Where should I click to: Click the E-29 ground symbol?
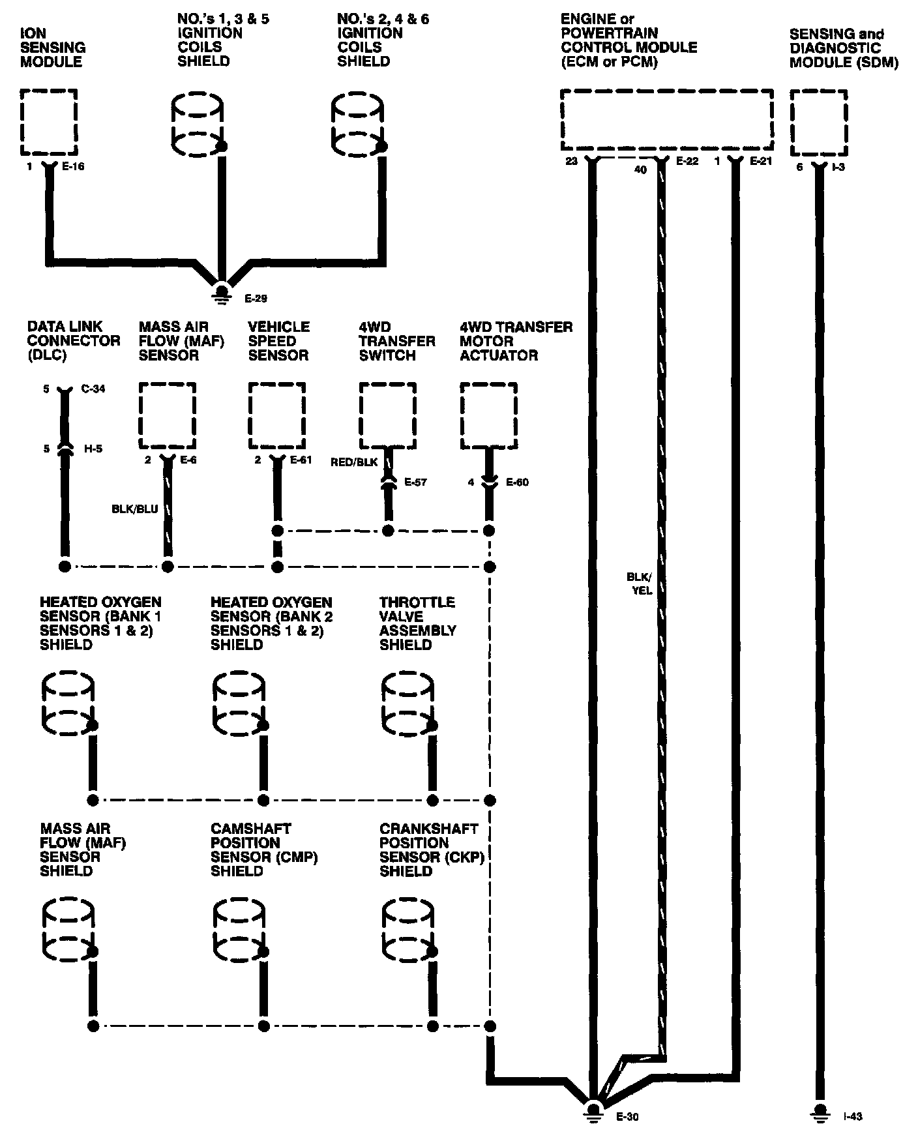222,291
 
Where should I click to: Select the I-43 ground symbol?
820,1110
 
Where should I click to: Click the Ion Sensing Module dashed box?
49,122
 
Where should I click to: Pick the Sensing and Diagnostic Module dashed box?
819,122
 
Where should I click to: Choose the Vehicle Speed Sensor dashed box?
276,415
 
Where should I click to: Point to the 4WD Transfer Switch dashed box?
387,415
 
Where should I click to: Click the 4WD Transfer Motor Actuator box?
488,415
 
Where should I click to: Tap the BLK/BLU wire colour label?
135,509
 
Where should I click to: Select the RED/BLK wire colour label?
354,462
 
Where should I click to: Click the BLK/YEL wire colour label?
639,584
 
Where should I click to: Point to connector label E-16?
73,166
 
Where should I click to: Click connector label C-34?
93,389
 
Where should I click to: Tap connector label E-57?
415,482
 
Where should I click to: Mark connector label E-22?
687,161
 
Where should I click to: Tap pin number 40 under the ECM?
640,170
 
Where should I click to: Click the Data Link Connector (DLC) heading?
73,340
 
